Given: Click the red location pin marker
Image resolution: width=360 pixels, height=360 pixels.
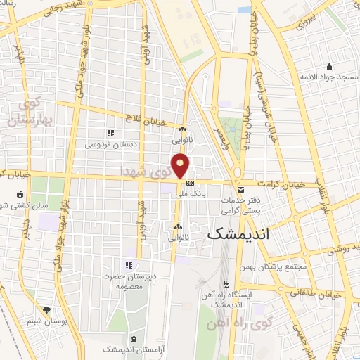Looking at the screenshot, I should (x=181, y=166).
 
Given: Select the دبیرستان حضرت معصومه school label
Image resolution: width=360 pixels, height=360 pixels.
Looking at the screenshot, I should (x=128, y=281).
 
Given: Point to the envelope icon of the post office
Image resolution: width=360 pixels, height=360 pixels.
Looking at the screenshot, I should (x=240, y=190).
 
